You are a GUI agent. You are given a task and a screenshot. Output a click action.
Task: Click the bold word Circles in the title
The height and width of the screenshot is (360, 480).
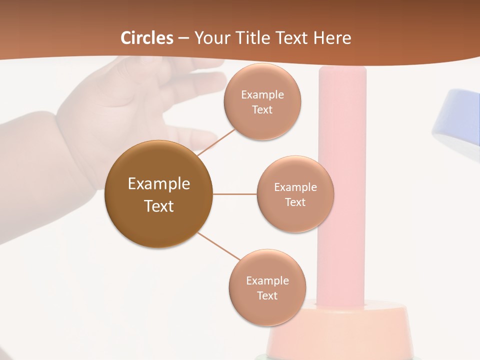click(147, 38)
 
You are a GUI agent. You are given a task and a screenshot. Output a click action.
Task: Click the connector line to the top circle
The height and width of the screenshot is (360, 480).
click(216, 143)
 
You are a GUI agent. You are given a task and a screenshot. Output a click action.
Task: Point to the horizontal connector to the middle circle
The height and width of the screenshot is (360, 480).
click(235, 194)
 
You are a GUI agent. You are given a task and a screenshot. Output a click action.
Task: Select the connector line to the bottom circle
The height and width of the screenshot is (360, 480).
click(219, 246)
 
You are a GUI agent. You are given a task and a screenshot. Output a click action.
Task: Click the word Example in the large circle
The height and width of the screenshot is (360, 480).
click(159, 184)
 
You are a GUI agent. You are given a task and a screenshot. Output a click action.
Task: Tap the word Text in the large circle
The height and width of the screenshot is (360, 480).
click(159, 206)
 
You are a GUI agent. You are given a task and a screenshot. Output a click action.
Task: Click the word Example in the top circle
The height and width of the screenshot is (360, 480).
click(262, 95)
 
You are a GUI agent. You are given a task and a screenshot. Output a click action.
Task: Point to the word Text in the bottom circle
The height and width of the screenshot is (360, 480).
click(267, 295)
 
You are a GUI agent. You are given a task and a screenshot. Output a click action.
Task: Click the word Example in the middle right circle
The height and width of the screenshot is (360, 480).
click(295, 187)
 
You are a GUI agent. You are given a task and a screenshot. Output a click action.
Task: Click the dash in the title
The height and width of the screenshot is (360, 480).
click(183, 38)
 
